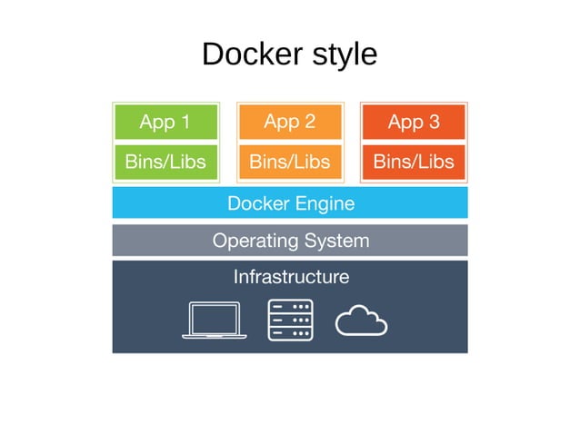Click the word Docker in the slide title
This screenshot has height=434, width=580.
click(x=247, y=54)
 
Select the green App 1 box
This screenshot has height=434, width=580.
click(x=165, y=122)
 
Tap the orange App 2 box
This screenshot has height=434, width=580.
click(x=289, y=122)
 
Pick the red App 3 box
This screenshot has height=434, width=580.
click(x=414, y=122)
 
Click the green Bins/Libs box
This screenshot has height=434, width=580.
click(x=165, y=163)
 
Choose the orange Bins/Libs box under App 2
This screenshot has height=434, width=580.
click(x=289, y=163)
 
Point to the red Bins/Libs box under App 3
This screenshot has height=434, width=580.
click(x=414, y=163)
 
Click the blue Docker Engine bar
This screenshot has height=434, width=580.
click(x=289, y=203)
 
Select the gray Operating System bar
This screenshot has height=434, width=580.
click(x=289, y=241)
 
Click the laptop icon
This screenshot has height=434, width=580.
click(x=214, y=321)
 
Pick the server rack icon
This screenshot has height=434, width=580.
click(x=290, y=321)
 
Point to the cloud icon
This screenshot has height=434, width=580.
click(x=361, y=321)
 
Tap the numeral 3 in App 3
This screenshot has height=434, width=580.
click(x=433, y=122)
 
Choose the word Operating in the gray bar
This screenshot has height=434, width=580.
click(x=255, y=241)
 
